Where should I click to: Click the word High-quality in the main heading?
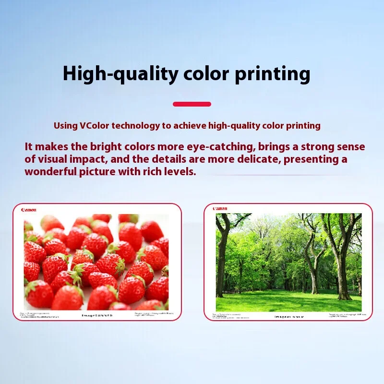tap(120, 74)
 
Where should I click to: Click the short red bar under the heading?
tap(192, 104)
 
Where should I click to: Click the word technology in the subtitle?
tap(135, 126)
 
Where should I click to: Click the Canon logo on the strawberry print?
tap(29, 210)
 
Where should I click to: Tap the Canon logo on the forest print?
tap(220, 209)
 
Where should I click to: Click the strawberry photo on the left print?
tap(96, 262)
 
